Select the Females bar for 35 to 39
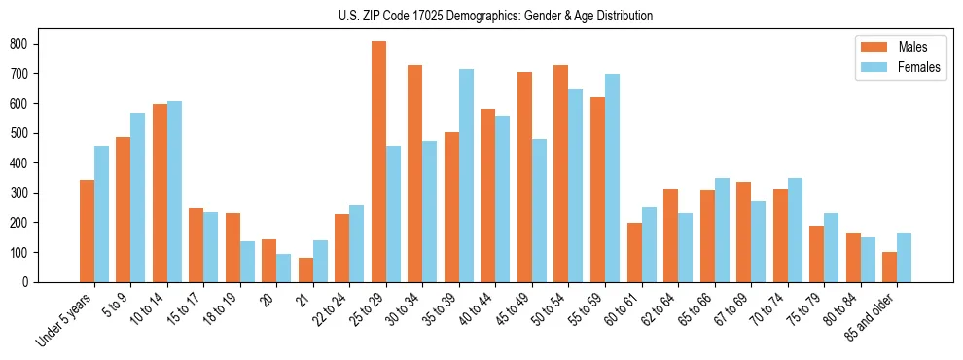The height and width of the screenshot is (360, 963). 466,176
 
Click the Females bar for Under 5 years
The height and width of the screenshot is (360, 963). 101,214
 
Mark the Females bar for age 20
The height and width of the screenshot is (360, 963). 284,269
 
